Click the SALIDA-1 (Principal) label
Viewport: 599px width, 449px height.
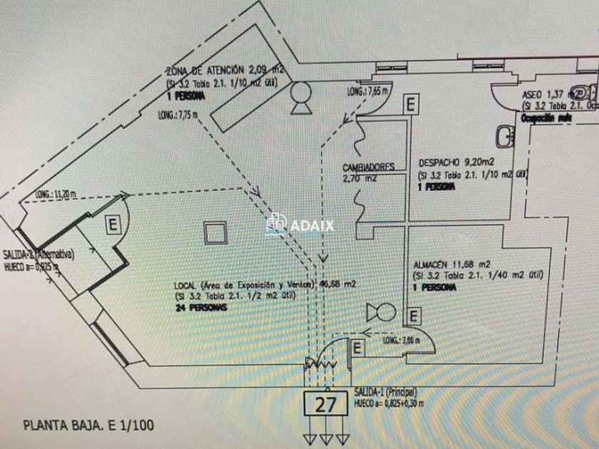(x=385, y=393)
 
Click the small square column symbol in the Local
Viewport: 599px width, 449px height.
(x=214, y=233)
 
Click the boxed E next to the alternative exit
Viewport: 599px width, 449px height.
(x=113, y=226)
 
